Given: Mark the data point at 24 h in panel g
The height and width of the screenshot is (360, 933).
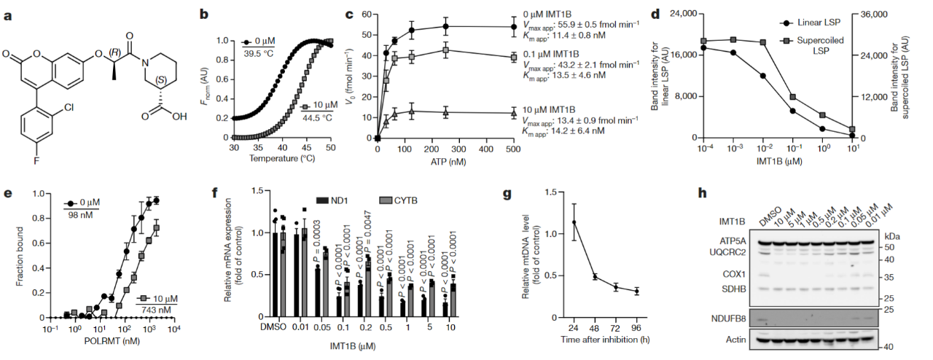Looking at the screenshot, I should click(574, 222).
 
